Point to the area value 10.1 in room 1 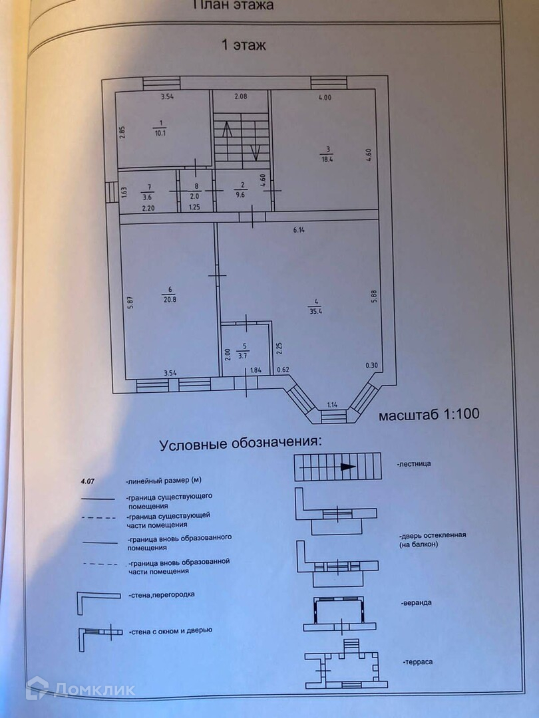[x=159, y=132]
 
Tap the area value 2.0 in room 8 [x=195, y=196]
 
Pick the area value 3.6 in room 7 [x=148, y=196]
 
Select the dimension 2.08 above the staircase [x=240, y=97]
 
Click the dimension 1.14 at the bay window [x=333, y=404]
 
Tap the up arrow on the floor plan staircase [x=226, y=131]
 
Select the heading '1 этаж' [x=244, y=45]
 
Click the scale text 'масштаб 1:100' [x=429, y=415]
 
